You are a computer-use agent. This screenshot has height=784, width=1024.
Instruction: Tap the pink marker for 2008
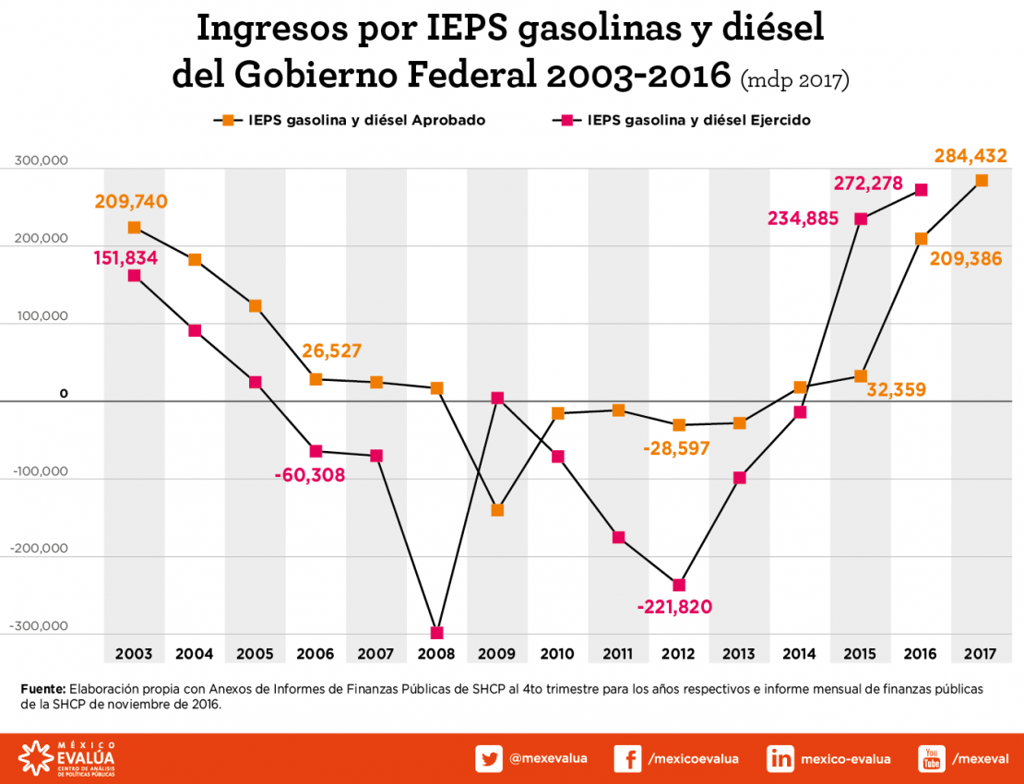[x=437, y=633]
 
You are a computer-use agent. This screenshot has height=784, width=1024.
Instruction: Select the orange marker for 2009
[x=497, y=509]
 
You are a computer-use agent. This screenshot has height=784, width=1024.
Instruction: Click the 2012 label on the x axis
[x=678, y=654]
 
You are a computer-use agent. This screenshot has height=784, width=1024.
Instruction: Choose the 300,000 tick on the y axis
[x=42, y=161]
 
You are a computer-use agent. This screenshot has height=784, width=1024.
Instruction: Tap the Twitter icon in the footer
[x=489, y=759]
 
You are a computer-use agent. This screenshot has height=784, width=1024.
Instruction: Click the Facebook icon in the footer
[x=627, y=759]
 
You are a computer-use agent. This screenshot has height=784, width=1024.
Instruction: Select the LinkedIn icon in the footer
[x=780, y=759]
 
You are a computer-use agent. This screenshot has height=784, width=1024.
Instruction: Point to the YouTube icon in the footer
[x=932, y=759]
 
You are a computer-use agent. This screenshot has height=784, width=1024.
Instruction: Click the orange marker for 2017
[x=982, y=181]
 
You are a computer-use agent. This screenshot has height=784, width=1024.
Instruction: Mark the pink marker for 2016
[x=921, y=190]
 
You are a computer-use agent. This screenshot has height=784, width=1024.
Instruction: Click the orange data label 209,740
[x=130, y=201]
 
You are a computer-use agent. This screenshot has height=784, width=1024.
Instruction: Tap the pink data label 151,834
[x=125, y=258]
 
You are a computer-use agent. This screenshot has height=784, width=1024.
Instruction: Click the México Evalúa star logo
[x=35, y=759]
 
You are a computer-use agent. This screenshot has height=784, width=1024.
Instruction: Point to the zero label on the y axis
[x=64, y=394]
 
